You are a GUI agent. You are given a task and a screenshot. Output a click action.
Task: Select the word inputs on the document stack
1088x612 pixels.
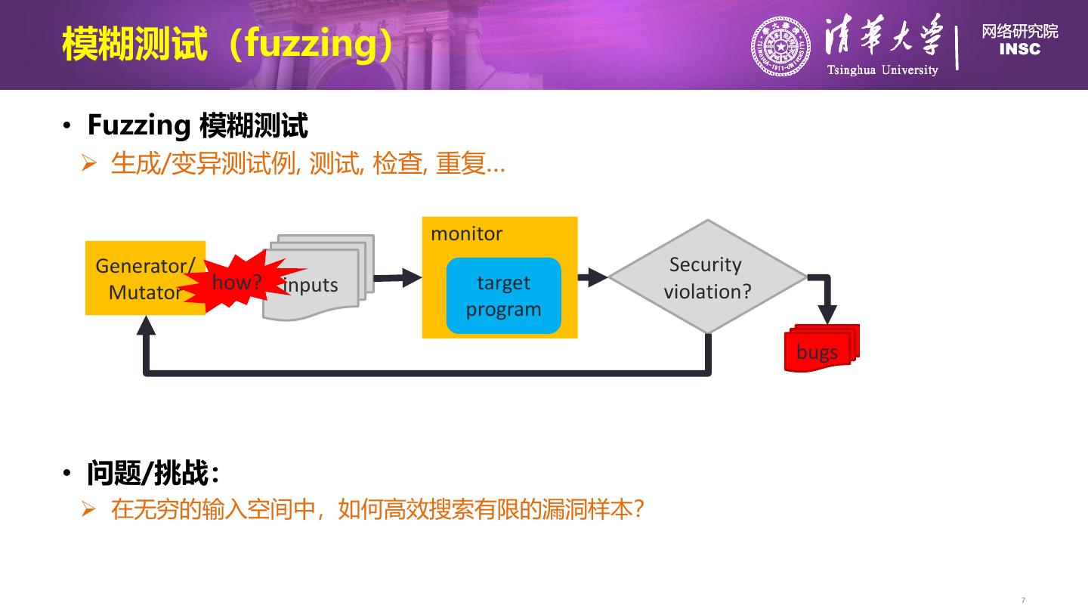[311, 286]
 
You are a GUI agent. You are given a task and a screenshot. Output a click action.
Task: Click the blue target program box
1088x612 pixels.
[503, 295]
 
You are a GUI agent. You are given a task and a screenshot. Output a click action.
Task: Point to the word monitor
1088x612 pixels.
[466, 233]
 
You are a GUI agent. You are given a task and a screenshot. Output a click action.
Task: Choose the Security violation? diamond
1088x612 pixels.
[707, 277]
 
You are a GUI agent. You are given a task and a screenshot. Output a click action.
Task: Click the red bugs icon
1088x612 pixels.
[820, 350]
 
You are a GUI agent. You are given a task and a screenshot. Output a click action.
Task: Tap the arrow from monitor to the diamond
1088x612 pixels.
[593, 277]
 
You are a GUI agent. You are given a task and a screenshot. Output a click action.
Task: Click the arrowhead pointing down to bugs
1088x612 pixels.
[828, 313]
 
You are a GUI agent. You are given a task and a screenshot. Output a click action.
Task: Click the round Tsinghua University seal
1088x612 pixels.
[780, 46]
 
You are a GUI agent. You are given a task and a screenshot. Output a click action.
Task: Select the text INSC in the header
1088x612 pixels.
[1019, 50]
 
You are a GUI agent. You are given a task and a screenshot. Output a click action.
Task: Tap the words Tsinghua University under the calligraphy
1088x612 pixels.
[882, 70]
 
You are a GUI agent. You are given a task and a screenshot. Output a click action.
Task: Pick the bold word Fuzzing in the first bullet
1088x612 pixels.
[138, 125]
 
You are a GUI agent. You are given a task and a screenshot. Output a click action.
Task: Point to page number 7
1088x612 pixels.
[1023, 600]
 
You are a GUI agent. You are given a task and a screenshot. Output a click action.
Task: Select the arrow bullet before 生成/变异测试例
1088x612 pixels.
[90, 164]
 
